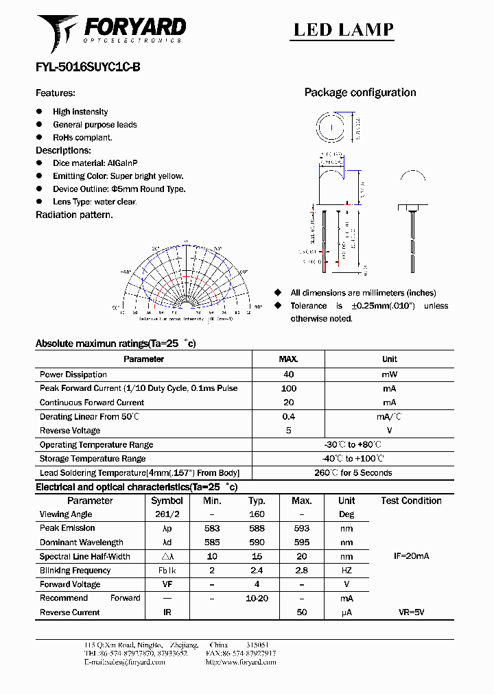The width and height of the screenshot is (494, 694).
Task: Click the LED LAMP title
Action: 343,29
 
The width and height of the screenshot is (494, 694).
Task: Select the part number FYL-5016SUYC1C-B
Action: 88,68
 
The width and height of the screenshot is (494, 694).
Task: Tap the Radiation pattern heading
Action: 74,215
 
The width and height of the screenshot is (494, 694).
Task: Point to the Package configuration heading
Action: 360,93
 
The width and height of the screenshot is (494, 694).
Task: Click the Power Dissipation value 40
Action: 288,374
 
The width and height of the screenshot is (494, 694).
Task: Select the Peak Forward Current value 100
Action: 288,388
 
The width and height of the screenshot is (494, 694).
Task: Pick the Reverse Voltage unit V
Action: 389,431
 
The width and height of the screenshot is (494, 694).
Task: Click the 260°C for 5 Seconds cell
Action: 353,472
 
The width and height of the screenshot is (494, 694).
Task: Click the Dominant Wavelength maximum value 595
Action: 301,542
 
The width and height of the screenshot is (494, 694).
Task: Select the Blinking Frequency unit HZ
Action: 346,571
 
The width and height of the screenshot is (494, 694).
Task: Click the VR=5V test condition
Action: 411,612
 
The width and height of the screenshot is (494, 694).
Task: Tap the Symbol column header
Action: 167,501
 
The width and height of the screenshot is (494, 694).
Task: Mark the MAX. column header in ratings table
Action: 288,359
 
